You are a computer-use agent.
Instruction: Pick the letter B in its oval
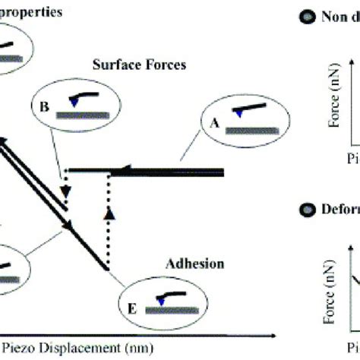[45, 108]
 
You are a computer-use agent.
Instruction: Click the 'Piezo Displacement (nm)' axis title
[77, 349]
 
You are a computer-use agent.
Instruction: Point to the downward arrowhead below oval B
[66, 192]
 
